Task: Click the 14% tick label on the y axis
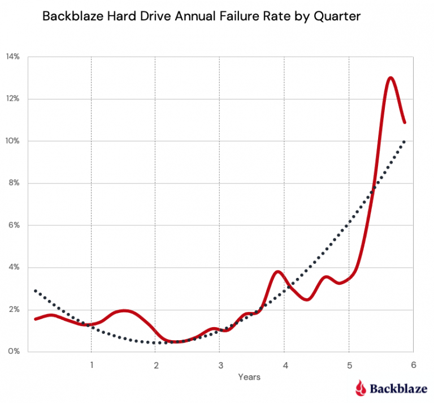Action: pyautogui.click(x=12, y=57)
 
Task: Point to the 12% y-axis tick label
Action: pyautogui.click(x=12, y=99)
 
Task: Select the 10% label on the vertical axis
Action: pyautogui.click(x=12, y=141)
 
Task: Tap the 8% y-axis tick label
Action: pyautogui.click(x=14, y=183)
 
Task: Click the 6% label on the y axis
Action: pyautogui.click(x=14, y=225)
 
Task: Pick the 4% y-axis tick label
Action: pyautogui.click(x=14, y=267)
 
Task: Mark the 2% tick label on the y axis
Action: pyautogui.click(x=14, y=310)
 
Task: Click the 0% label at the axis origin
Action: pyautogui.click(x=14, y=351)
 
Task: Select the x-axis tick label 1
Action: pyautogui.click(x=91, y=365)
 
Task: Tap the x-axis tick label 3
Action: pyautogui.click(x=220, y=365)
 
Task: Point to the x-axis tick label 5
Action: pyautogui.click(x=349, y=365)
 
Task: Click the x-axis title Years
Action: pyautogui.click(x=249, y=376)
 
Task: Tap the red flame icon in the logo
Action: pyautogui.click(x=361, y=388)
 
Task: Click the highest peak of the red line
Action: pyautogui.click(x=390, y=78)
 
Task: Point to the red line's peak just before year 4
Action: pyautogui.click(x=277, y=272)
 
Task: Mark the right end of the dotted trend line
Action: pyautogui.click(x=404, y=142)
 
